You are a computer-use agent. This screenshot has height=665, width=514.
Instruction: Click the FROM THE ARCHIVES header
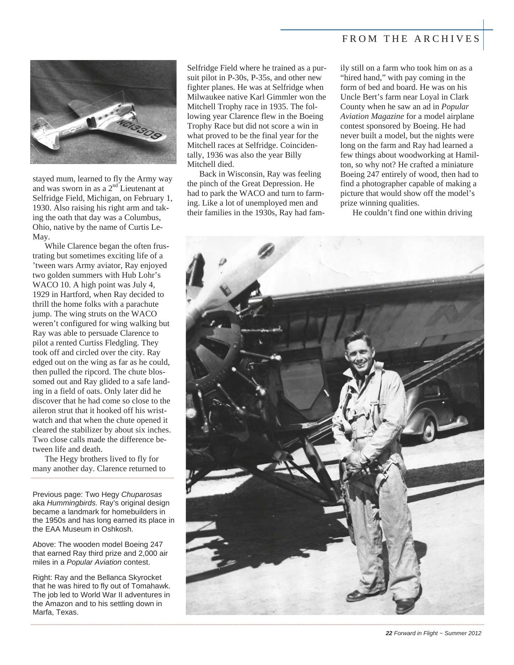411,39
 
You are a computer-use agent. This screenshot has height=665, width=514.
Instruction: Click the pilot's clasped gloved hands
357,463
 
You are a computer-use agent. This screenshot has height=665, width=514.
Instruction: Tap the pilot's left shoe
405,605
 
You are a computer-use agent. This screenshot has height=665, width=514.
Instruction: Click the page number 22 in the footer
389,633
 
